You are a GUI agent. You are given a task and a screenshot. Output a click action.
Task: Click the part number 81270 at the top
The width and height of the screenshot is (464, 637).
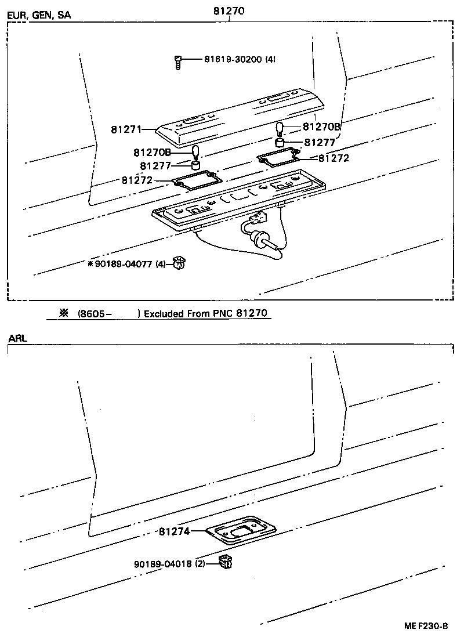[230, 9]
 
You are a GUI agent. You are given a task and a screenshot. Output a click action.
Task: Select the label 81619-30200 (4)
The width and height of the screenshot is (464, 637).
[240, 59]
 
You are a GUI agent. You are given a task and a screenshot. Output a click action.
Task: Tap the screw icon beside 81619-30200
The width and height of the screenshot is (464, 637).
[179, 61]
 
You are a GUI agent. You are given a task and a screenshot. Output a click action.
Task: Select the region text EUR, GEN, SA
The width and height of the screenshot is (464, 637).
[39, 16]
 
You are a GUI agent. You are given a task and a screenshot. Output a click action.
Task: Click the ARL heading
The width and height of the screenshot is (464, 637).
[17, 338]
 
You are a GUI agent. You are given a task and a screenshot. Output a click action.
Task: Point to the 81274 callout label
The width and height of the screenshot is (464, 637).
[174, 531]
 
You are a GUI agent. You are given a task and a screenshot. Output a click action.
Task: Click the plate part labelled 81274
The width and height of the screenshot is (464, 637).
[241, 529]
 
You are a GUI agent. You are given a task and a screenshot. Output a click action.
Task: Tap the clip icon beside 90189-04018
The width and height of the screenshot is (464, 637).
[225, 562]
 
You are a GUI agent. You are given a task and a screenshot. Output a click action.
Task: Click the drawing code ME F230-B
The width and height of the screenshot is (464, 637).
[426, 626]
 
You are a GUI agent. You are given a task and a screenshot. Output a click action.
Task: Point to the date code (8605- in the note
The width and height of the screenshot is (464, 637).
[94, 313]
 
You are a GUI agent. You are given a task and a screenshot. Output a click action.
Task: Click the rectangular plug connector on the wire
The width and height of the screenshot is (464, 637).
[257, 219]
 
